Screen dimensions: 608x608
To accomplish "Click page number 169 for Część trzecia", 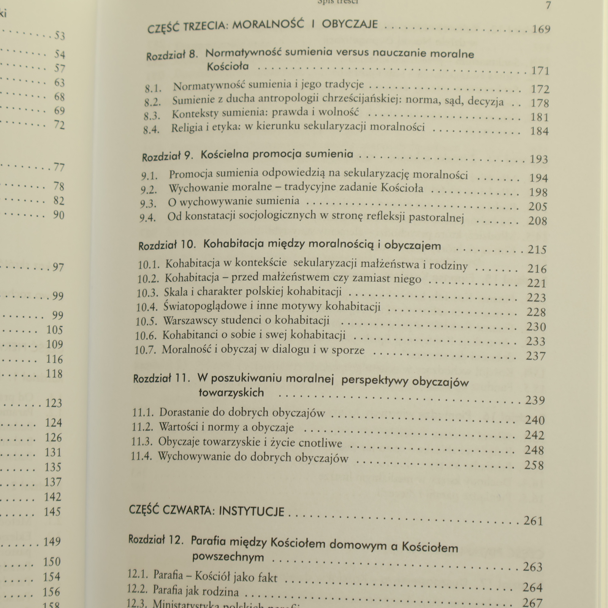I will click(541, 29).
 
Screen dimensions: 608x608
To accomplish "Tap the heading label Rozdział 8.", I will click(172, 55).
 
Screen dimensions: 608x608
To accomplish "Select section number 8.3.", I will click(152, 116).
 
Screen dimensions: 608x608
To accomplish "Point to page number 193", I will click(538, 159).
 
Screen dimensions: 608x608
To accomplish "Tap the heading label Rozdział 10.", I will click(167, 245).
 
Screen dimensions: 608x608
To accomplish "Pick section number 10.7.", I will click(145, 350).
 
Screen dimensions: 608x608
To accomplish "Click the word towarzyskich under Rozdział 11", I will click(231, 392).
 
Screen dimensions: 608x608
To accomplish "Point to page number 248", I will click(534, 450).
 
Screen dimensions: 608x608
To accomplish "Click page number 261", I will click(533, 521).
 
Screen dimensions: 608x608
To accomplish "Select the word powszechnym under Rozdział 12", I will click(228, 557).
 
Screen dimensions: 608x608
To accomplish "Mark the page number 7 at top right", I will click(548, 6).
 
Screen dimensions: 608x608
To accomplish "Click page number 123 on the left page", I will click(54, 402).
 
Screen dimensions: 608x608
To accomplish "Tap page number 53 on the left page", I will click(60, 36).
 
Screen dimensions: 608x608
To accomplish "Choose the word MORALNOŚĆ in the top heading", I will click(268, 25).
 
